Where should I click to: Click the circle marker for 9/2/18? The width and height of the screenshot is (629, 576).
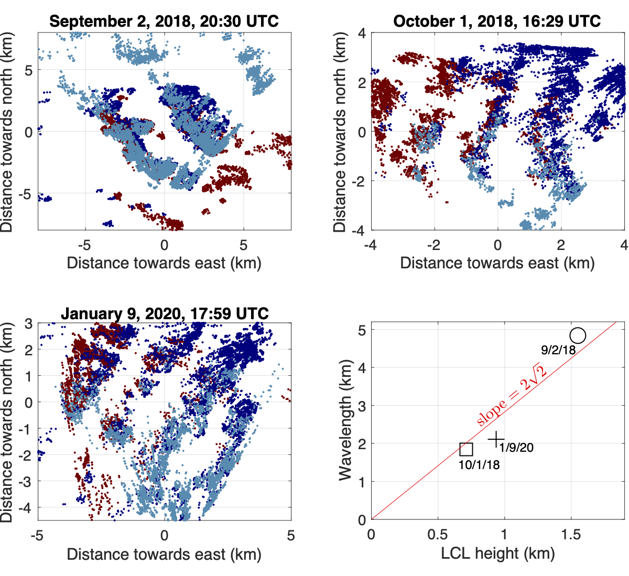tap(578, 335)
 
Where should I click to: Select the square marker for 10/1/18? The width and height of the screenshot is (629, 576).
tap(466, 449)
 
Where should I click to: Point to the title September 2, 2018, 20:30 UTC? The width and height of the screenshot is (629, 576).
tap(164, 21)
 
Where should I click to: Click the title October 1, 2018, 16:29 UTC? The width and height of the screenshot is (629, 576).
tap(497, 21)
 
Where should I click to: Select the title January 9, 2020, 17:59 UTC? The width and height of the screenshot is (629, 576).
tap(164, 313)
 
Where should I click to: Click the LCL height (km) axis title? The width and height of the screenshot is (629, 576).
tap(497, 553)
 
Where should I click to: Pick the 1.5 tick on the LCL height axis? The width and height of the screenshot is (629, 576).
tap(571, 535)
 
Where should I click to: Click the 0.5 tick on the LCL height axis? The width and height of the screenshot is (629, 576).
tap(438, 535)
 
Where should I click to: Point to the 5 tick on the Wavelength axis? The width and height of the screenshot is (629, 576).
tap(362, 330)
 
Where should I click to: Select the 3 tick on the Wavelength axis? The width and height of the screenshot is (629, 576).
tap(362, 406)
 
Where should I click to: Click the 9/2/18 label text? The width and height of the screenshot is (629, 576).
tap(558, 350)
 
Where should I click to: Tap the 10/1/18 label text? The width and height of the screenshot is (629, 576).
tap(479, 464)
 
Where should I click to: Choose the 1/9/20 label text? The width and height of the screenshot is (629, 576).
tap(516, 448)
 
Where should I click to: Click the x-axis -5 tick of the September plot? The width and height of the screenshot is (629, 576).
tap(84, 244)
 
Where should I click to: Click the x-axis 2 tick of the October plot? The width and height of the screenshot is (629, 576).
tap(561, 244)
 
